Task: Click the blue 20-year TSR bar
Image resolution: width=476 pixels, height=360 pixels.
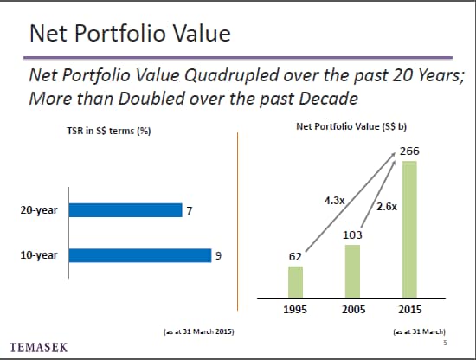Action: (125, 210)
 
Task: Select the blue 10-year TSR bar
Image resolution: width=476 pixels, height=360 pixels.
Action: (140, 255)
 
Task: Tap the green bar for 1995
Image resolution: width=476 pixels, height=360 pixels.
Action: (295, 282)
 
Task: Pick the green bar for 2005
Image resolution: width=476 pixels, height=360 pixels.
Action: (352, 271)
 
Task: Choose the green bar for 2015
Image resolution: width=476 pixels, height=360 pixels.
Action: (409, 229)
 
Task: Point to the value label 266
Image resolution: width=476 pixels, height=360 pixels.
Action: (409, 151)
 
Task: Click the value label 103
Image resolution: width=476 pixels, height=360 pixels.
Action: (352, 235)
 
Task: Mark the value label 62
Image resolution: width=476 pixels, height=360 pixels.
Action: (295, 257)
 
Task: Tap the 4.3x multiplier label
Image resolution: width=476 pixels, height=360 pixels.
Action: (335, 201)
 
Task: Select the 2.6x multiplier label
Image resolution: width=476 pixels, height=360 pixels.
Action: (387, 207)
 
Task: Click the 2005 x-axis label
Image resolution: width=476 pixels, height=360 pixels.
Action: (354, 310)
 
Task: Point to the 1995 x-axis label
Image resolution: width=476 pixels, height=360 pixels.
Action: (295, 310)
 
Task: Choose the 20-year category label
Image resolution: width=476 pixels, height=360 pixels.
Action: (39, 210)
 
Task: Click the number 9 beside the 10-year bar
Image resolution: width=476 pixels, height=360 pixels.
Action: (218, 256)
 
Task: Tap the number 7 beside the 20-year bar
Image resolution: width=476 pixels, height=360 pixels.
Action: (190, 210)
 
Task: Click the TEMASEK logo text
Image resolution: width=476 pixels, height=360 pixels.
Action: (39, 348)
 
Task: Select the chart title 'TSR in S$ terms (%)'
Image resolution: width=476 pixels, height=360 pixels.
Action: (109, 131)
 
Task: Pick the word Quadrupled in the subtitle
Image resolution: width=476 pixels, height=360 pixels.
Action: (232, 75)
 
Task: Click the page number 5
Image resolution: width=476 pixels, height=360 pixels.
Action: (446, 343)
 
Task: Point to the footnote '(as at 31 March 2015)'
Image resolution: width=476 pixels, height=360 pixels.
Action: (199, 331)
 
